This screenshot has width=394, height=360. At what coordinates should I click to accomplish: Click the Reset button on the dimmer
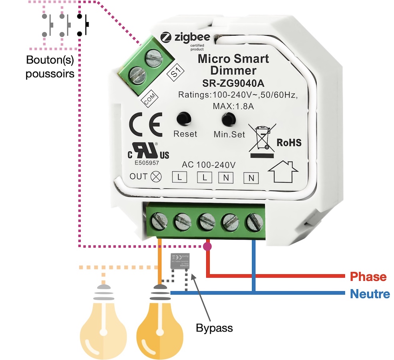[184, 118]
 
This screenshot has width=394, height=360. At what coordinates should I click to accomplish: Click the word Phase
[368, 277]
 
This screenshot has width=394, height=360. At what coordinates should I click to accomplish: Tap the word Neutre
[370, 294]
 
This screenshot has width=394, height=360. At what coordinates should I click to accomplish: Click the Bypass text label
[214, 328]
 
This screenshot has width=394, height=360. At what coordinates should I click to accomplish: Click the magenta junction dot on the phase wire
[207, 246]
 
